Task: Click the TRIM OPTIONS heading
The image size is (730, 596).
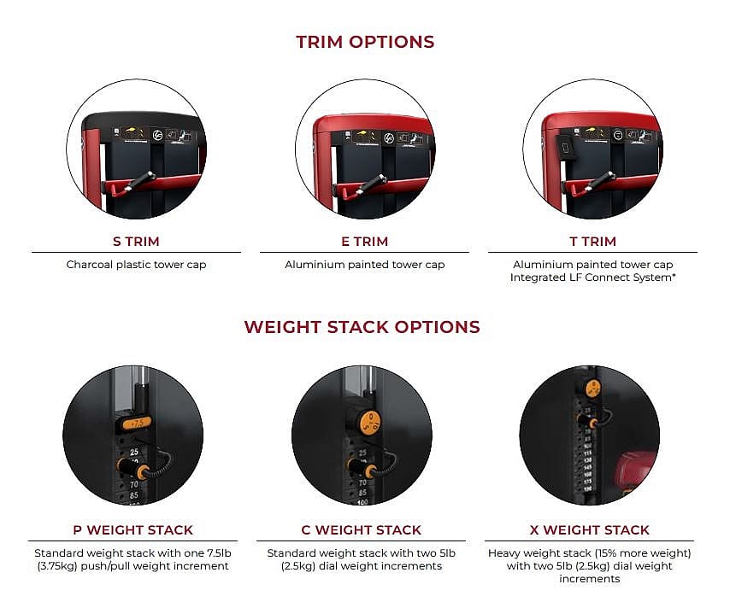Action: tap(365, 42)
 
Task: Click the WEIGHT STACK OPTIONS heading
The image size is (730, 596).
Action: tap(362, 327)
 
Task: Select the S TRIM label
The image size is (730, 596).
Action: tap(136, 242)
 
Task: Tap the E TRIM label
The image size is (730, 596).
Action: tap(364, 242)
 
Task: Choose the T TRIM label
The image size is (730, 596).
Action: tap(592, 242)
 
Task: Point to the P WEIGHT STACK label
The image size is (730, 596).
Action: tap(132, 530)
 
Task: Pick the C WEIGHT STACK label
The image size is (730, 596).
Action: tap(362, 530)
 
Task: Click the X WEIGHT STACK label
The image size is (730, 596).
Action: tap(589, 530)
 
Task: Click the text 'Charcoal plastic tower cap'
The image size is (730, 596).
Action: tap(136, 265)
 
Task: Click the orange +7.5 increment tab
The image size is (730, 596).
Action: tap(137, 422)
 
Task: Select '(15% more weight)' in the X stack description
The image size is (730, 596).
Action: tap(642, 552)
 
